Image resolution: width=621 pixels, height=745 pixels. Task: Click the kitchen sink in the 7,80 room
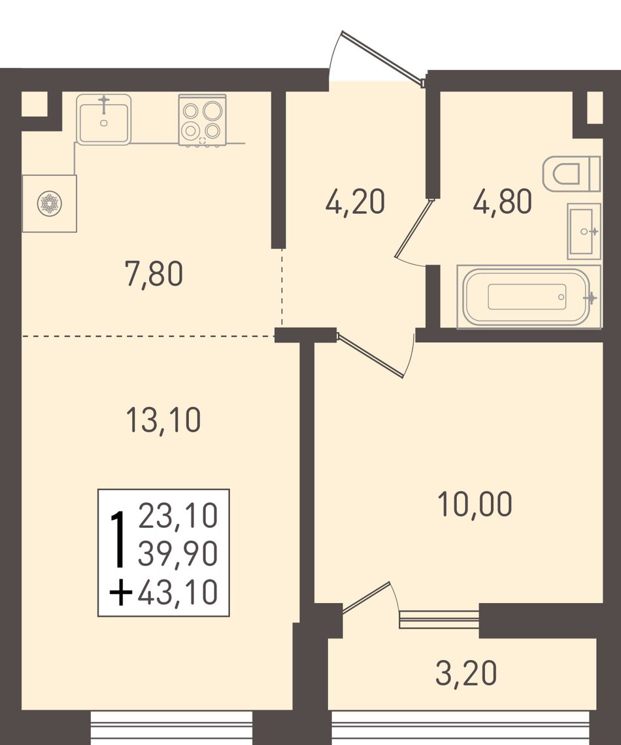point(103,119)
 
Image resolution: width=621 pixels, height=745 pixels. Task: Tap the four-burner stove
point(202,120)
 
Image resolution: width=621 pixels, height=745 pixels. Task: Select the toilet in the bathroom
point(571,173)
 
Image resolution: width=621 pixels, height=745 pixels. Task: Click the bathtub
point(528,297)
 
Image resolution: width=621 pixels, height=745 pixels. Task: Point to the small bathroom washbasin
point(584,232)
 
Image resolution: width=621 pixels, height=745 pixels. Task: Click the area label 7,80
point(154,275)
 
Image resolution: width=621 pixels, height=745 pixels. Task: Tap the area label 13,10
point(164,420)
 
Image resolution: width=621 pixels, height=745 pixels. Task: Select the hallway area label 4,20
point(355,201)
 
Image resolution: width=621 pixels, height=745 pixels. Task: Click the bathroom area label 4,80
point(502,201)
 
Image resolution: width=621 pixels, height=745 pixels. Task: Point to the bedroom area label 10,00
point(475,504)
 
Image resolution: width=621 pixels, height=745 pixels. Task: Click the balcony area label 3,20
point(466,673)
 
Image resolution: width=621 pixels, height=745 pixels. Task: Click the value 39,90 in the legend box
point(178,554)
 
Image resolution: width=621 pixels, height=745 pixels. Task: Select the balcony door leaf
point(365,598)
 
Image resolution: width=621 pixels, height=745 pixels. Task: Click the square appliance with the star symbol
point(50,203)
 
